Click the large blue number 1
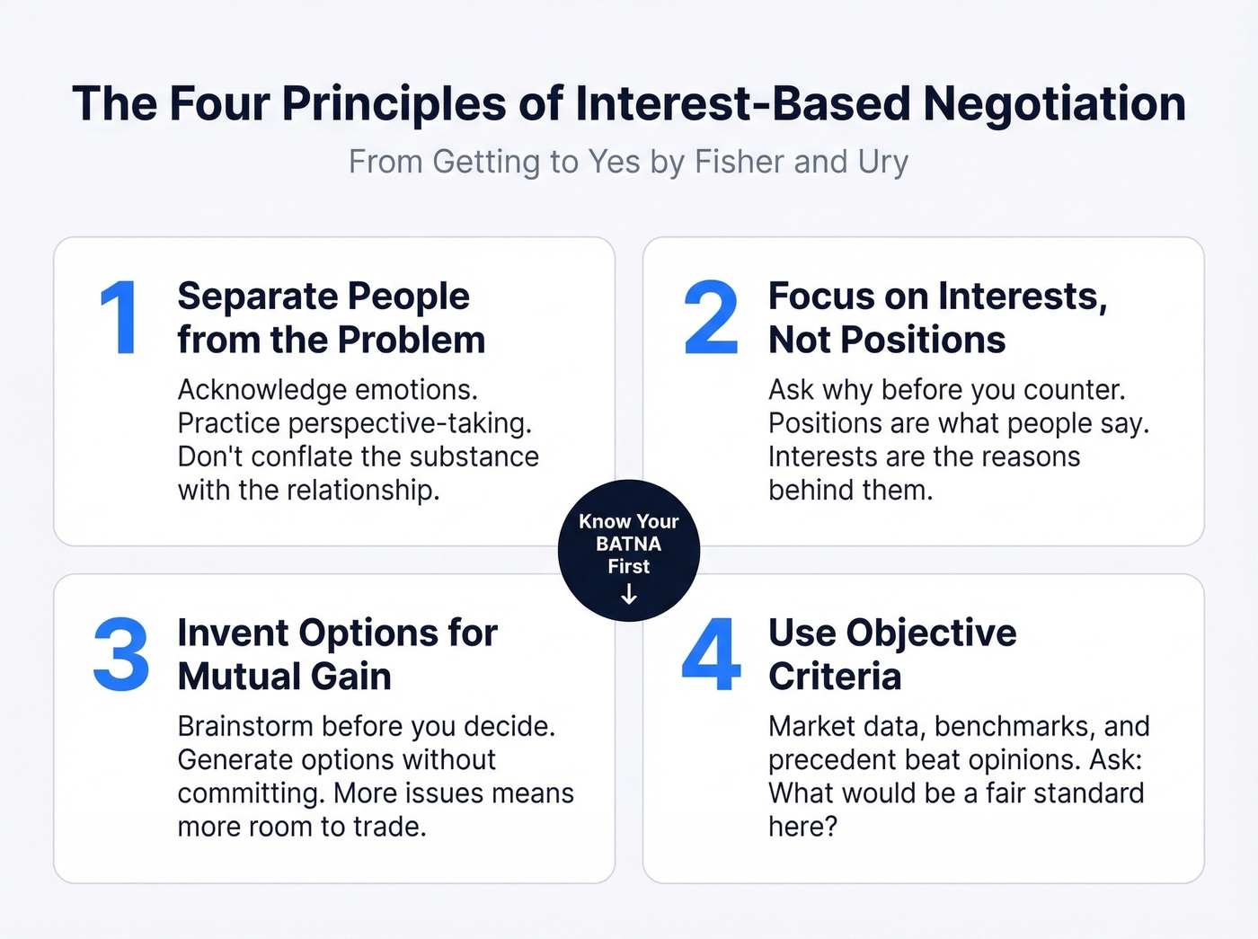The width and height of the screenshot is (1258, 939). (x=120, y=318)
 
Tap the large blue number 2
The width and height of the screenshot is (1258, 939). (x=710, y=318)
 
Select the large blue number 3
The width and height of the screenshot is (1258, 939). (x=121, y=655)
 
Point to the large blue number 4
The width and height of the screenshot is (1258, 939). (x=711, y=655)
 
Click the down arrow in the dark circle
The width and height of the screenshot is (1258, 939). (x=629, y=594)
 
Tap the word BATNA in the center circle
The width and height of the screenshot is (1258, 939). (x=628, y=544)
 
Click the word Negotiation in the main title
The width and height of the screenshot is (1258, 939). (x=1055, y=103)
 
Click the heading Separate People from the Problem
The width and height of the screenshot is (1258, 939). (x=331, y=318)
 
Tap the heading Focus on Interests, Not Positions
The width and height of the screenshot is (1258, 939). (x=937, y=318)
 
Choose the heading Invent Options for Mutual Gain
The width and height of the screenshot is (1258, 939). (x=337, y=654)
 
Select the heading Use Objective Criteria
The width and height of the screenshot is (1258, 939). (x=891, y=654)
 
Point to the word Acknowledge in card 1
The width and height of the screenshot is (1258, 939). (x=249, y=390)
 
